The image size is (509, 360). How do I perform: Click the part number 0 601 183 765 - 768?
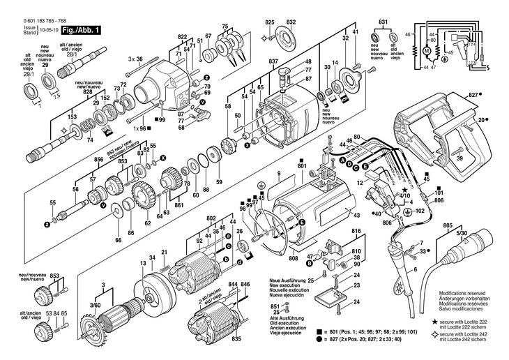pyautogui.click(x=36, y=21)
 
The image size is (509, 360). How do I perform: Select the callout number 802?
pyautogui.click(x=211, y=218)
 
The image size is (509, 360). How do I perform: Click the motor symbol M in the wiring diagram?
pyautogui.click(x=423, y=50)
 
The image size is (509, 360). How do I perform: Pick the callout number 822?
pyautogui.click(x=183, y=36)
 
